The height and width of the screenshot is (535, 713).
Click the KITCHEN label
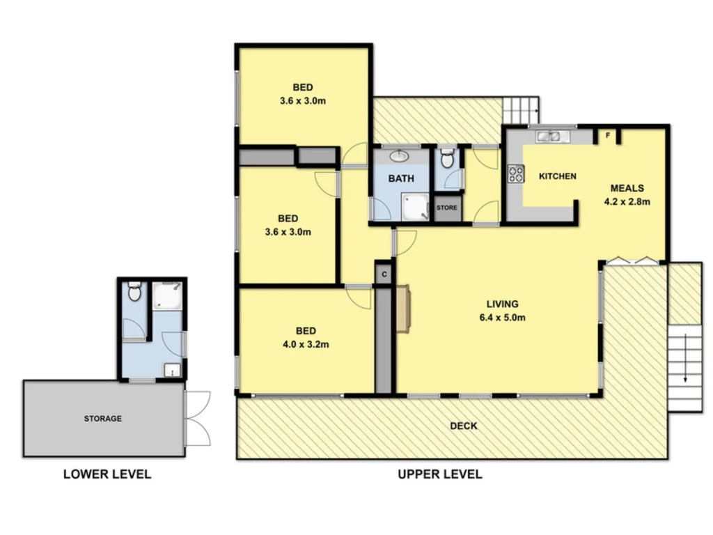pyautogui.click(x=558, y=176)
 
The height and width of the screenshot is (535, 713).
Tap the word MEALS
pyautogui.click(x=627, y=188)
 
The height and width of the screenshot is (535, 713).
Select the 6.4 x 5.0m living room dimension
pyautogui.click(x=502, y=318)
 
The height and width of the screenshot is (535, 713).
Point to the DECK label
pyautogui.click(x=463, y=426)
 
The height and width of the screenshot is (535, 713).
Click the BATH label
pyautogui.click(x=401, y=178)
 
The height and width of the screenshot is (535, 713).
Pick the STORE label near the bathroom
pyautogui.click(x=447, y=208)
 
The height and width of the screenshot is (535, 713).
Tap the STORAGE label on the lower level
pyautogui.click(x=103, y=419)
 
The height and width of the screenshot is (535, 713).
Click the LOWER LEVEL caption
pyautogui.click(x=107, y=474)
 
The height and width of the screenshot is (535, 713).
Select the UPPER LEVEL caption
pyautogui.click(x=440, y=474)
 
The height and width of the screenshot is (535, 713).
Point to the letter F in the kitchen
pyautogui.click(x=608, y=136)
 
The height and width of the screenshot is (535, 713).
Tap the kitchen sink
pyautogui.click(x=550, y=136)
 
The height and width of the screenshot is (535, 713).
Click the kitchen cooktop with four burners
pyautogui.click(x=516, y=173)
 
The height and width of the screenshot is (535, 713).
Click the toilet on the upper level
pyautogui.click(x=448, y=159)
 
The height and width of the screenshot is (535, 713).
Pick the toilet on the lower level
pyautogui.click(x=134, y=290)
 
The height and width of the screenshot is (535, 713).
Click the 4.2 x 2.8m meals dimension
pyautogui.click(x=627, y=203)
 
